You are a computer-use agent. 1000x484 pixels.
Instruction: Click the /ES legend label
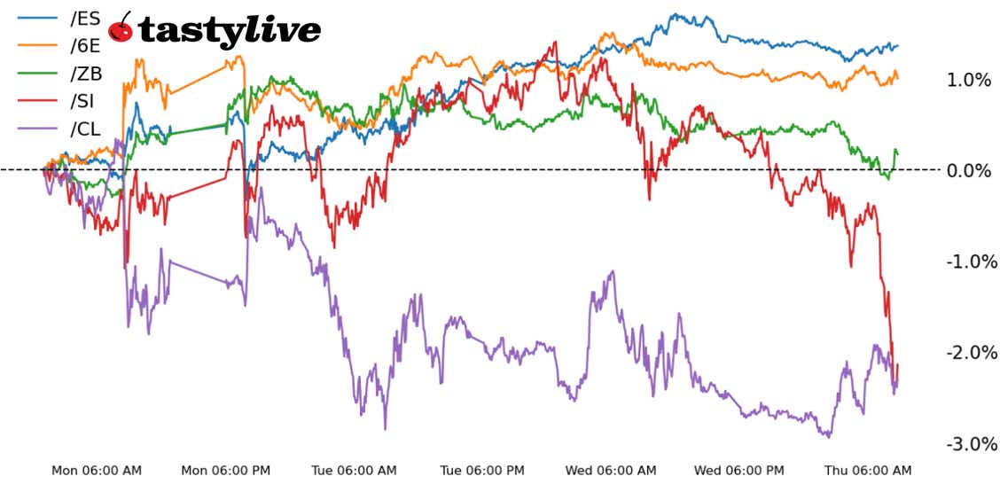click(x=85, y=17)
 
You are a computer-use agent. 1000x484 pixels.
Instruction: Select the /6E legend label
click(x=85, y=44)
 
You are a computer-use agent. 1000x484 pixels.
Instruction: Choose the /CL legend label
click(x=85, y=129)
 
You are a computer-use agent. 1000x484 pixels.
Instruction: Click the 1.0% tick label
click(x=969, y=81)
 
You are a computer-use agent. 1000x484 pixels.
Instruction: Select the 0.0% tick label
click(x=969, y=170)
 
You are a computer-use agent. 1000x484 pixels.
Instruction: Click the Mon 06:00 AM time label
click(x=96, y=471)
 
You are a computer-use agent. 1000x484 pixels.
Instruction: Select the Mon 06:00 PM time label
click(x=225, y=471)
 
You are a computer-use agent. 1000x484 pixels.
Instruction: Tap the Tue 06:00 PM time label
click(x=482, y=471)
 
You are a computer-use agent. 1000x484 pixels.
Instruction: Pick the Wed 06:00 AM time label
click(x=611, y=471)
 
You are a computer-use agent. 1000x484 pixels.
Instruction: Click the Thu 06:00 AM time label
click(x=867, y=471)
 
